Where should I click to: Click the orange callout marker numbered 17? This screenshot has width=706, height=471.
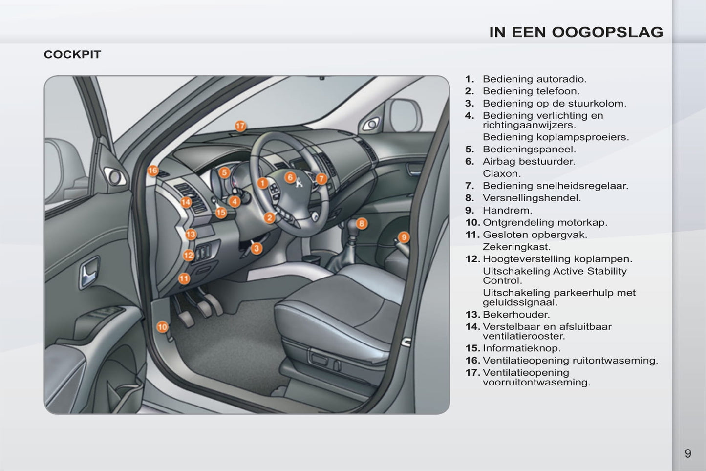pyautogui.click(x=240, y=126)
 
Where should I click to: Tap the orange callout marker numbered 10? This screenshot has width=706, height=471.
pyautogui.click(x=162, y=327)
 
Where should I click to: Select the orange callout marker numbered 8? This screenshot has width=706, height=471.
pyautogui.click(x=362, y=223)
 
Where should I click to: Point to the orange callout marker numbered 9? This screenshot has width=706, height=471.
pyautogui.click(x=404, y=237)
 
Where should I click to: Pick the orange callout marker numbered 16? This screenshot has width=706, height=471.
pyautogui.click(x=153, y=171)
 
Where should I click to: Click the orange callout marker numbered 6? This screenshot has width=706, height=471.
pyautogui.click(x=290, y=177)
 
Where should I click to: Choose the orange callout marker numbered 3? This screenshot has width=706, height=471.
pyautogui.click(x=257, y=248)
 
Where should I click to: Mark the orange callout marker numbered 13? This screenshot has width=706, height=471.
pyautogui.click(x=191, y=234)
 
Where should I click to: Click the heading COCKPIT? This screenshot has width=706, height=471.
pyautogui.click(x=72, y=55)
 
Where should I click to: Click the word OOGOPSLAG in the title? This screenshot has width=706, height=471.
pyautogui.click(x=607, y=32)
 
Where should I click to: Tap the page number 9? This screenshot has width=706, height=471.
pyautogui.click(x=688, y=453)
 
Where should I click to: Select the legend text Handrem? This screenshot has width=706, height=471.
pyautogui.click(x=508, y=210)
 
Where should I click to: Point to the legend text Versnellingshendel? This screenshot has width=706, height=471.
pyautogui.click(x=532, y=198)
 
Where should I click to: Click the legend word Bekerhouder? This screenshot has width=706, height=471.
pyautogui.click(x=516, y=314)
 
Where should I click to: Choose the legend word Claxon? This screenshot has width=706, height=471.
pyautogui.click(x=502, y=174)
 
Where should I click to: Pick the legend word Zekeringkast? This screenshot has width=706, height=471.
pyautogui.click(x=516, y=247)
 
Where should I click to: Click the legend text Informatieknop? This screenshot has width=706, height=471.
pyautogui.click(x=522, y=348)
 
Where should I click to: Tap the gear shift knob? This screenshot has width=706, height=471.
pyautogui.click(x=352, y=227)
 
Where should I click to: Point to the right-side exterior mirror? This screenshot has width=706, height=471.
pyautogui.click(x=406, y=116)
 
